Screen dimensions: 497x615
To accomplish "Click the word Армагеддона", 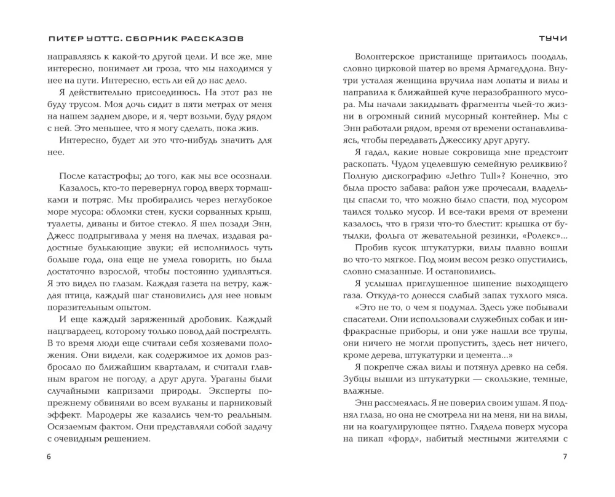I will [514, 66].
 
